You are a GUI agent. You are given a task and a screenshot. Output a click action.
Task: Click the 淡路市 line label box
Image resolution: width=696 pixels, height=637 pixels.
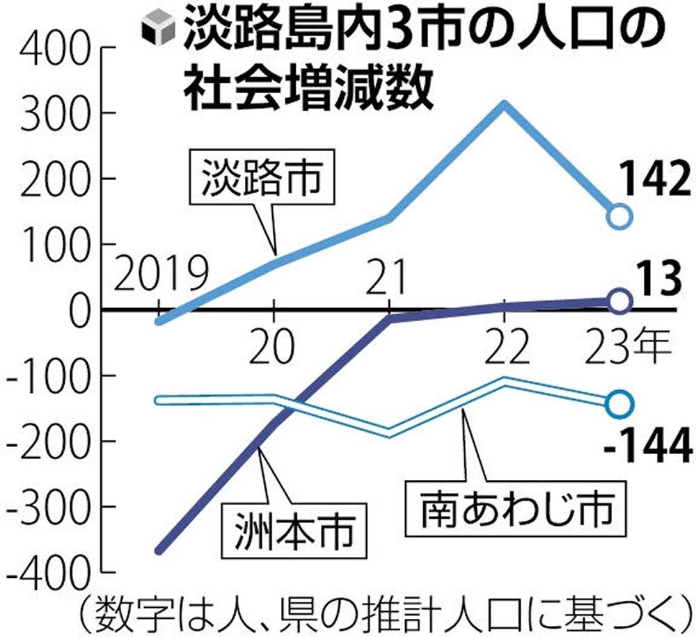point(262,177)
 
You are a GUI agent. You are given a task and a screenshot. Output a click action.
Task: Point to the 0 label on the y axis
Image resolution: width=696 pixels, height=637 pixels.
point(79,310)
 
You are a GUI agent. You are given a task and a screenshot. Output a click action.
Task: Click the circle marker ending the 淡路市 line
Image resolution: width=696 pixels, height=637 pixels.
point(619,216)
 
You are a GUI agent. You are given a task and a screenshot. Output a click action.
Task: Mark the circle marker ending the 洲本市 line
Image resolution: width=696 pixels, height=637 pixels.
point(619,300)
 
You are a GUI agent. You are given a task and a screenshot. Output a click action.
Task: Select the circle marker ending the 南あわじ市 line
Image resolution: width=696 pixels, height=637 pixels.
point(619,403)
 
